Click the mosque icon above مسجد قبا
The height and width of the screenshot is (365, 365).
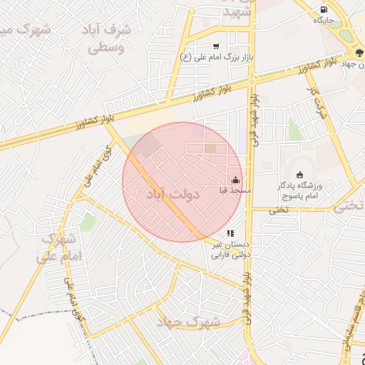click(x=236, y=180)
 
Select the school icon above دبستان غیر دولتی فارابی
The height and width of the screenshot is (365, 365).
click(x=230, y=233)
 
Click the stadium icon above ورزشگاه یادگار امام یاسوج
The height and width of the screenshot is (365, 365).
click(x=299, y=175)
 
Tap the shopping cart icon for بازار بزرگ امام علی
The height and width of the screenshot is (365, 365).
click(x=216, y=46)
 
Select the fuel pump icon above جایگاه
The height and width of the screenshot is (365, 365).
click(x=324, y=10)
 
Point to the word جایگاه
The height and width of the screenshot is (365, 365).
click(x=324, y=21)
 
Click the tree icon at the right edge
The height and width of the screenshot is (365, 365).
click(x=359, y=53)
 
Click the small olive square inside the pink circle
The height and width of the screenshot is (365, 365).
click(x=210, y=148)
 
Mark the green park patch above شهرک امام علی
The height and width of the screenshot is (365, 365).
click(x=88, y=222)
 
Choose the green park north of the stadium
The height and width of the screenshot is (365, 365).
click(x=294, y=130)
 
